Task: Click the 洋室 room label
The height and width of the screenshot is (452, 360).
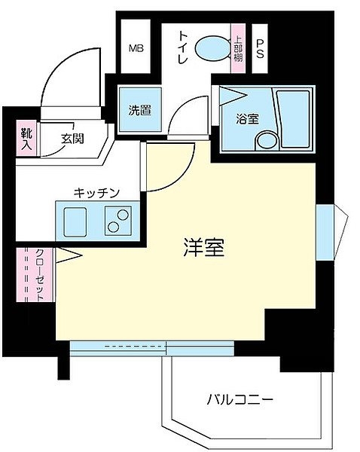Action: point(204,248)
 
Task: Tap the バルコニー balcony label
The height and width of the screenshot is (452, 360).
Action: point(239,400)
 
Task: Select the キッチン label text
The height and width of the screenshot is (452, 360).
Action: point(96,193)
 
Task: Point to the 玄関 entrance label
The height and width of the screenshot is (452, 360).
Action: point(72,139)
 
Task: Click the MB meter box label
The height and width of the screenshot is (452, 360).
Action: point(136,48)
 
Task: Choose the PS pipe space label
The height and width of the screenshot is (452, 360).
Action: point(260,49)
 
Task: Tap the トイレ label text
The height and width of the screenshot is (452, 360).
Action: point(183,47)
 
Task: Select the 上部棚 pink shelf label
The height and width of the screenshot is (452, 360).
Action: point(238,48)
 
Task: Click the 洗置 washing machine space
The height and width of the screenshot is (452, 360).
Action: point(140,110)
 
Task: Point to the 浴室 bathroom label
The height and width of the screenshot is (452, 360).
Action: point(247,118)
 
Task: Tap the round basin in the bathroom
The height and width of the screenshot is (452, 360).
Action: point(267,141)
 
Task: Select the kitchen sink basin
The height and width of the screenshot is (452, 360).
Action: point(75,222)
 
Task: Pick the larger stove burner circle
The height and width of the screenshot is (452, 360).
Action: point(123,215)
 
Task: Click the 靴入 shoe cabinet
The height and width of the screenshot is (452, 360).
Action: point(26,139)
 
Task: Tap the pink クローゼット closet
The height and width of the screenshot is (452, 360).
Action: point(35,275)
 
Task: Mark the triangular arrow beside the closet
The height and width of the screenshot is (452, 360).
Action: point(69,255)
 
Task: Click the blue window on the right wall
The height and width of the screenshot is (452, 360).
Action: point(325,232)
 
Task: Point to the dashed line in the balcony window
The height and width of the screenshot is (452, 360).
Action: point(133,346)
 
